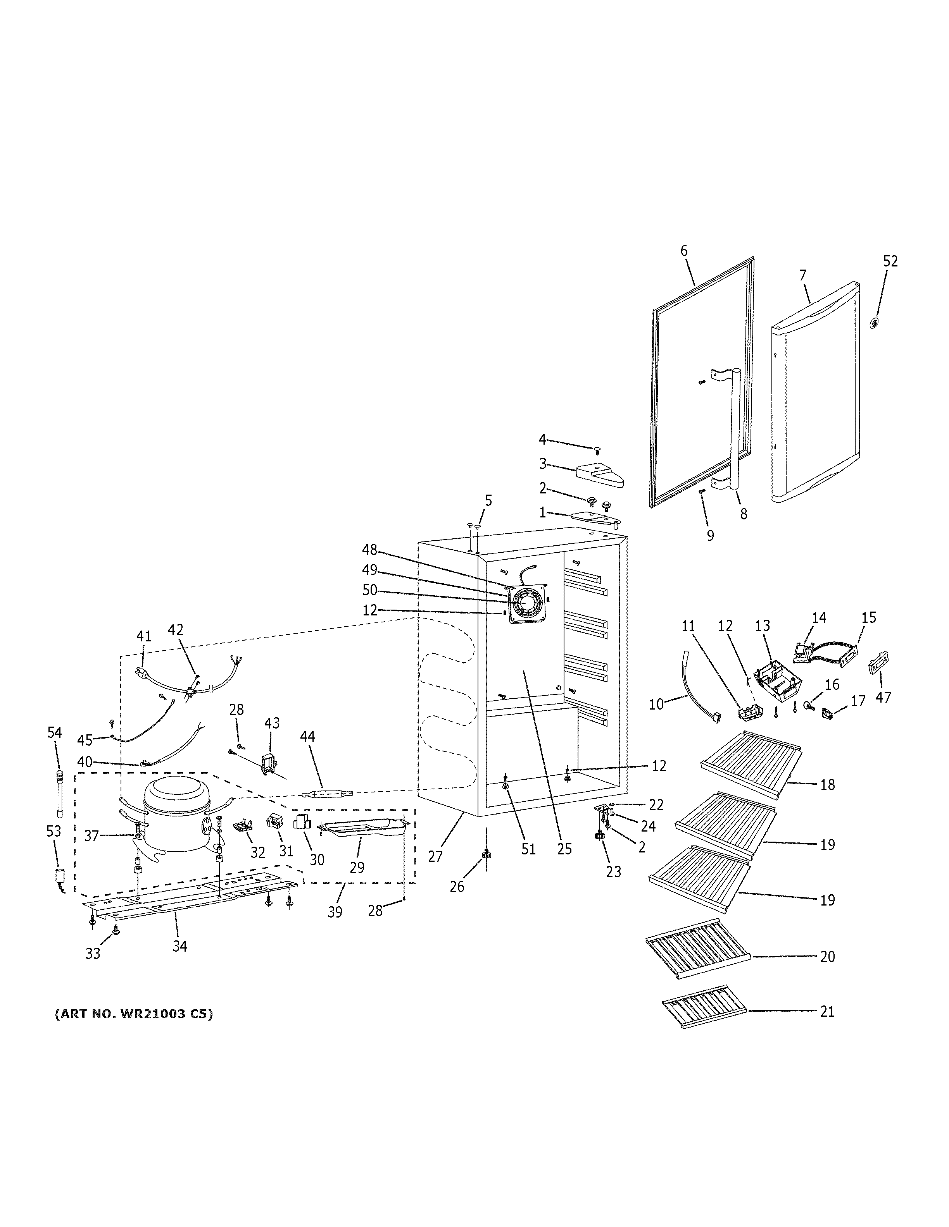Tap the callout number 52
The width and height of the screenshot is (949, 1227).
(x=890, y=261)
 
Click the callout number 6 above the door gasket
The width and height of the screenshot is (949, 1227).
(x=683, y=251)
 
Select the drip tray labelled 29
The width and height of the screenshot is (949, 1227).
(x=362, y=828)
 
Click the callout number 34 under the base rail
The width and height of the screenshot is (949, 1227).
(x=179, y=947)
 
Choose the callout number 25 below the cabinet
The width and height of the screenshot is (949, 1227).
(x=564, y=849)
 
